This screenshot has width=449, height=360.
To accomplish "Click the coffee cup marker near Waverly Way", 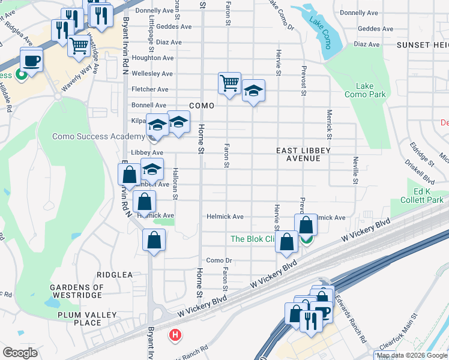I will (31, 59).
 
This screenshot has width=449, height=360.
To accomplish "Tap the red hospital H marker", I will (175, 334).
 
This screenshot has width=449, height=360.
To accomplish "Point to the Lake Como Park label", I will (365, 90).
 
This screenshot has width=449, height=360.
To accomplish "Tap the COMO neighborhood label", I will (202, 106).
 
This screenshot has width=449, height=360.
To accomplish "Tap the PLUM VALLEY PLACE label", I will (88, 319).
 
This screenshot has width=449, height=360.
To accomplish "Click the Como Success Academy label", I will (98, 136).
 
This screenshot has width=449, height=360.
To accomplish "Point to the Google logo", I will (20, 352).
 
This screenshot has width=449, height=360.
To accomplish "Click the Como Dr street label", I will (218, 260).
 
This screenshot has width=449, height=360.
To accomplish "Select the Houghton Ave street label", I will (152, 58).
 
